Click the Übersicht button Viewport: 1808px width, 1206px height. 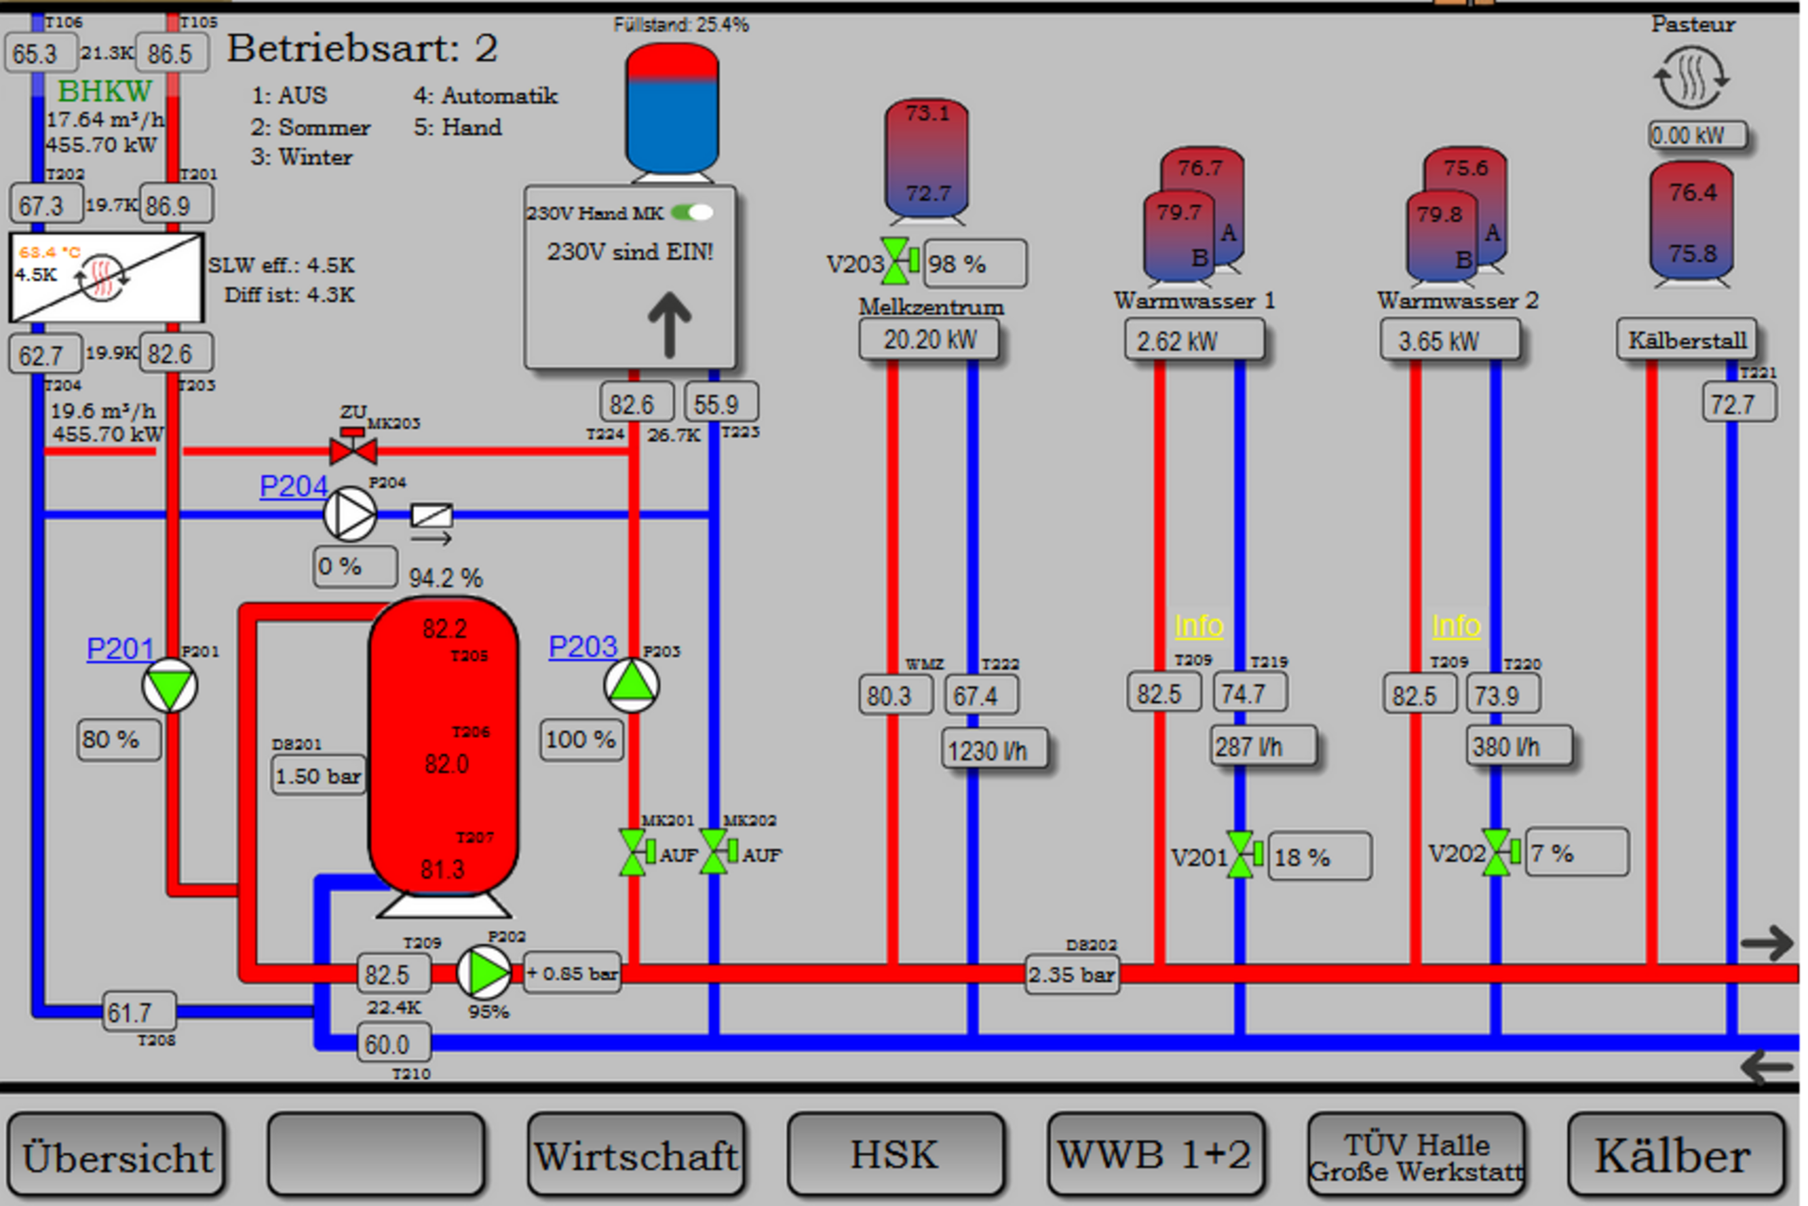(117, 1155)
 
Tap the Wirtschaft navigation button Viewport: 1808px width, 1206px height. (637, 1155)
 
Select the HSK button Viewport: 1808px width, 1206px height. (896, 1155)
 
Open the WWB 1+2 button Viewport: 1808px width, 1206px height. (1155, 1155)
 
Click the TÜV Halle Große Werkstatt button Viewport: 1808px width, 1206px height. (1415, 1155)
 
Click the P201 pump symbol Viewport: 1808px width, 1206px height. (169, 686)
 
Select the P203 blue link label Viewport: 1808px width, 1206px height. (582, 646)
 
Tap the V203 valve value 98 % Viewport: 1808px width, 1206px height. (975, 264)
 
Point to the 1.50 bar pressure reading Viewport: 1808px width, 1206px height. (318, 775)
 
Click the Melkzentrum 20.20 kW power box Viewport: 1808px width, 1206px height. (929, 339)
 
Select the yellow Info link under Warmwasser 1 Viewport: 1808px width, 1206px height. (1199, 626)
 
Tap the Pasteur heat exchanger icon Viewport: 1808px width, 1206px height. (1691, 77)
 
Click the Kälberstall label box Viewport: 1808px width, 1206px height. (1686, 339)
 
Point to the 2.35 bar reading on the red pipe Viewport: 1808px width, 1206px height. (1072, 974)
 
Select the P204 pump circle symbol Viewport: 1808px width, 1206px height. (350, 514)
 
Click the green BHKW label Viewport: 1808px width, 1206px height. (105, 91)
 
